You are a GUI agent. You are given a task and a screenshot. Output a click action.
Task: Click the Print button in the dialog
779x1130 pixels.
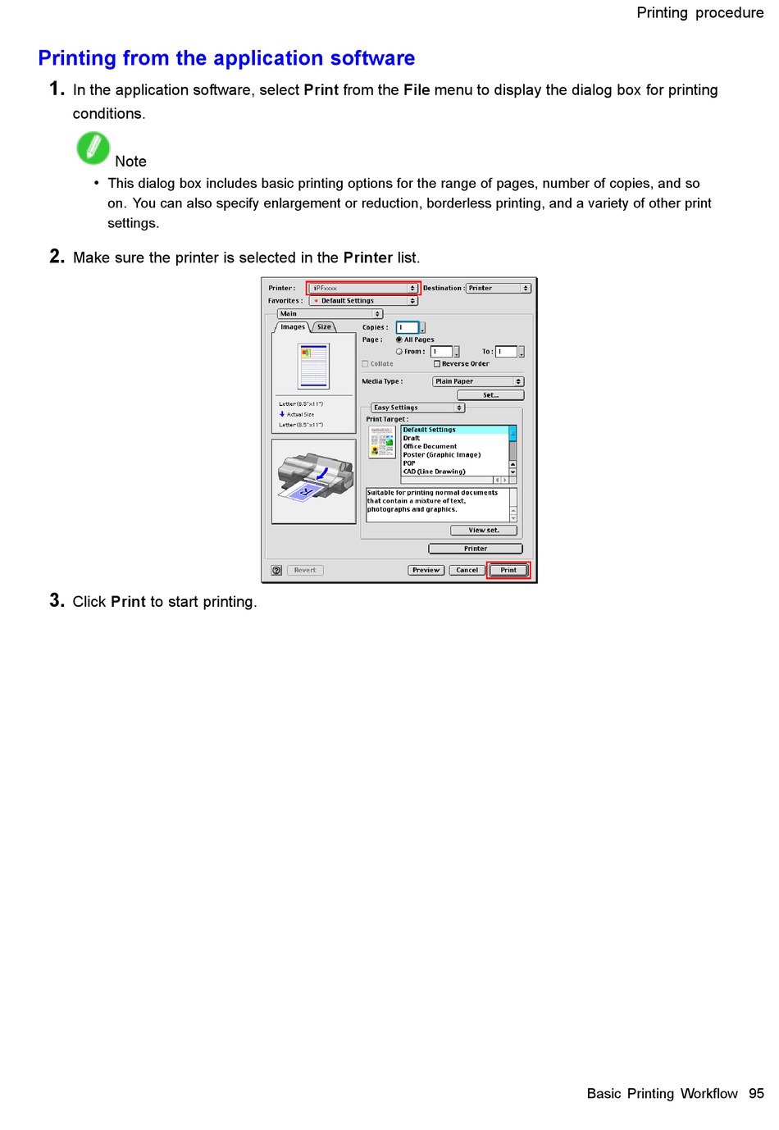(508, 570)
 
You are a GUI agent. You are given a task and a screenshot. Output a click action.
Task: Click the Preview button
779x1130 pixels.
(426, 570)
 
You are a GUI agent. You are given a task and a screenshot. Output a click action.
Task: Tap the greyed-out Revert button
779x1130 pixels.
(305, 570)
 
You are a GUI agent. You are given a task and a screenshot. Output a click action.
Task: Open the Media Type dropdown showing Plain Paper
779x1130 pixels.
(478, 381)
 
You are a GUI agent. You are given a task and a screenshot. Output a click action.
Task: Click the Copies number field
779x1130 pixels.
(408, 327)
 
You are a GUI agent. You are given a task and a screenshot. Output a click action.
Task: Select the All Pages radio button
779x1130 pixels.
(399, 339)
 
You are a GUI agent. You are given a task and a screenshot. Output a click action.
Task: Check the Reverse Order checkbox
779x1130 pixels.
(437, 364)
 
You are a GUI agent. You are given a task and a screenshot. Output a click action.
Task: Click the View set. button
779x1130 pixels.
(484, 531)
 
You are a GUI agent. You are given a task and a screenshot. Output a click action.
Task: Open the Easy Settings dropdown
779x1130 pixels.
(418, 408)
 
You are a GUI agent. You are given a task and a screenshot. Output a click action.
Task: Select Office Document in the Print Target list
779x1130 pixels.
(430, 447)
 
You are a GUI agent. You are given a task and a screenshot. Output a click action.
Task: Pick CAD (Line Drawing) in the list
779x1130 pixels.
(434, 472)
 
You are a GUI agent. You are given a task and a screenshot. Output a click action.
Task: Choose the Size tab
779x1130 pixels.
(325, 327)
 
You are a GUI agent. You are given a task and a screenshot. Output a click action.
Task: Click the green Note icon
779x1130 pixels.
(93, 148)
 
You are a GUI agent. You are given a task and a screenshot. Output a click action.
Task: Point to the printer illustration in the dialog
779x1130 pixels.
(314, 481)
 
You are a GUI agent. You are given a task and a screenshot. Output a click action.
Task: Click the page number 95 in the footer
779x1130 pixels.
(756, 1094)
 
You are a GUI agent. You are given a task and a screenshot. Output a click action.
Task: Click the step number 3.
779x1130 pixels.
(57, 601)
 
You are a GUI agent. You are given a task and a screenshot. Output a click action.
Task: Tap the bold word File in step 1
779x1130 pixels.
(417, 90)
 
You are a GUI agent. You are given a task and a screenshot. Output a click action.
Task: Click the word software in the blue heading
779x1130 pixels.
(373, 58)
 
